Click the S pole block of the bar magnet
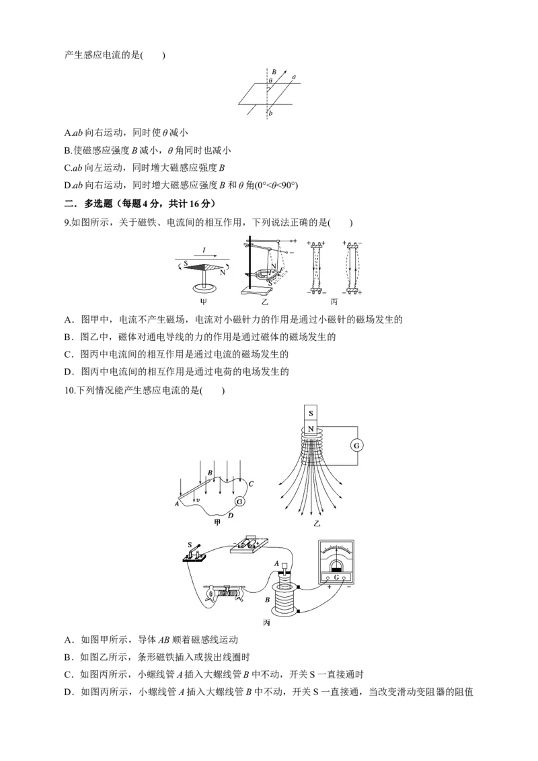click(311, 413)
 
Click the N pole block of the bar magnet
click(311, 429)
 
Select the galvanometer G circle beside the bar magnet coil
click(357, 446)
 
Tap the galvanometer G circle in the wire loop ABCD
click(239, 502)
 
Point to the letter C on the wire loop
click(251, 484)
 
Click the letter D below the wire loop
click(231, 516)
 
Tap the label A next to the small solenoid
click(277, 563)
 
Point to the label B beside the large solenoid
click(268, 600)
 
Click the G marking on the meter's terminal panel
click(336, 577)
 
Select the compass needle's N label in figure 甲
click(223, 272)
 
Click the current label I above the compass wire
click(204, 250)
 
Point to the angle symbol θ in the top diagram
click(270, 80)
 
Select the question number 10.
click(69, 390)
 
